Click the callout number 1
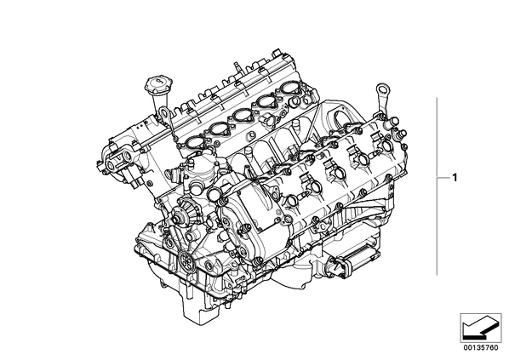coord(455,178)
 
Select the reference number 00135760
coord(481,348)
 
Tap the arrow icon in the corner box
coord(480,327)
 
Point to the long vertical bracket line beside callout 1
coord(438,186)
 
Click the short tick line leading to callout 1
coord(443,178)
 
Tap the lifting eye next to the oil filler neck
coord(163,115)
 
